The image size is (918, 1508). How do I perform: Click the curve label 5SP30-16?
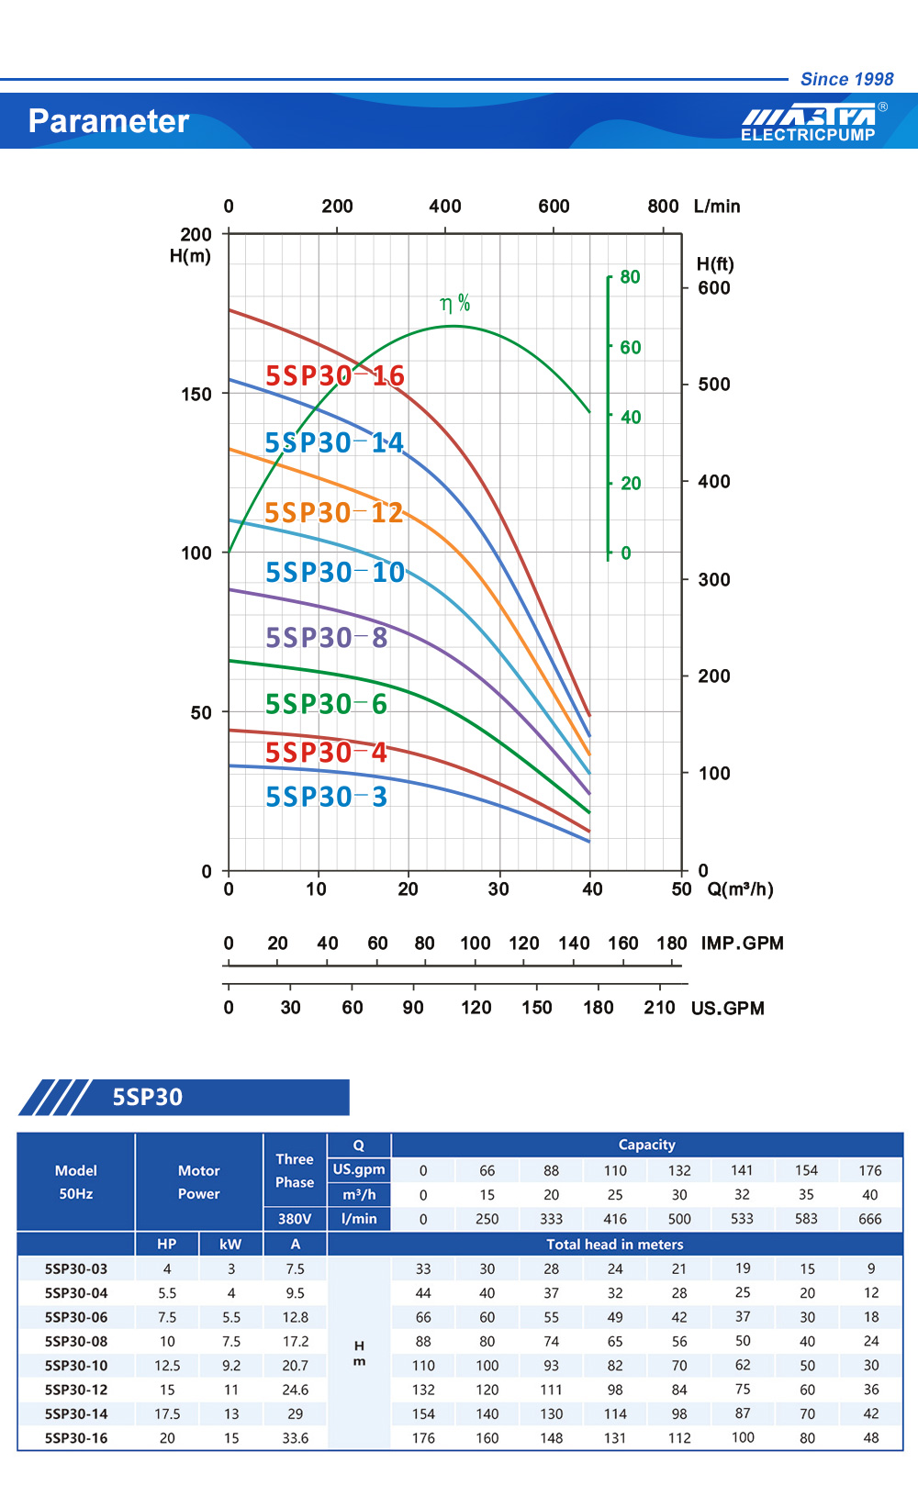[x=334, y=375]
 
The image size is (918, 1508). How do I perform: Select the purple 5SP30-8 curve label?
[x=326, y=637]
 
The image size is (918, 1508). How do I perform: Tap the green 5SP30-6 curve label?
[x=326, y=704]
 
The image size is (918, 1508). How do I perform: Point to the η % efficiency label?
[x=454, y=303]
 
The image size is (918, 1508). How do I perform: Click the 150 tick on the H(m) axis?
[x=196, y=394]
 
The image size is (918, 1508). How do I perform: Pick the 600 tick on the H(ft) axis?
[x=714, y=288]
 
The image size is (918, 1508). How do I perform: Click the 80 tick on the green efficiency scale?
[x=630, y=277]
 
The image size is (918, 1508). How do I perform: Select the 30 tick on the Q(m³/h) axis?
[x=498, y=889]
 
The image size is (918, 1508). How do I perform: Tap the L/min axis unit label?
[x=717, y=207]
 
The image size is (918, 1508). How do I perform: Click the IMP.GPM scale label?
[x=742, y=944]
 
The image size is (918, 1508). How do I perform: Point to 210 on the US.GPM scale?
[x=659, y=1008]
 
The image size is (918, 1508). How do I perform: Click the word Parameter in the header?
[x=108, y=121]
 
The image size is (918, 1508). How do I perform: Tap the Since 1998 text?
[x=846, y=79]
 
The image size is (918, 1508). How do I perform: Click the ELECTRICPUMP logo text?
[x=808, y=135]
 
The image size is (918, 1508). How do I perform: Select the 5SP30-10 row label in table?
[x=76, y=1366]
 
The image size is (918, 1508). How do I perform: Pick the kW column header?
[x=230, y=1245]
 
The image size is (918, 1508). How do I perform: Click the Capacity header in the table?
[x=646, y=1145]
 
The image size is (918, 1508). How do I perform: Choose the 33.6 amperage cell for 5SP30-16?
[x=295, y=1438]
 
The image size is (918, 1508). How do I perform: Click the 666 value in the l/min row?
[x=869, y=1219]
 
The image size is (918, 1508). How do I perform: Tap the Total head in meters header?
[x=614, y=1245]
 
